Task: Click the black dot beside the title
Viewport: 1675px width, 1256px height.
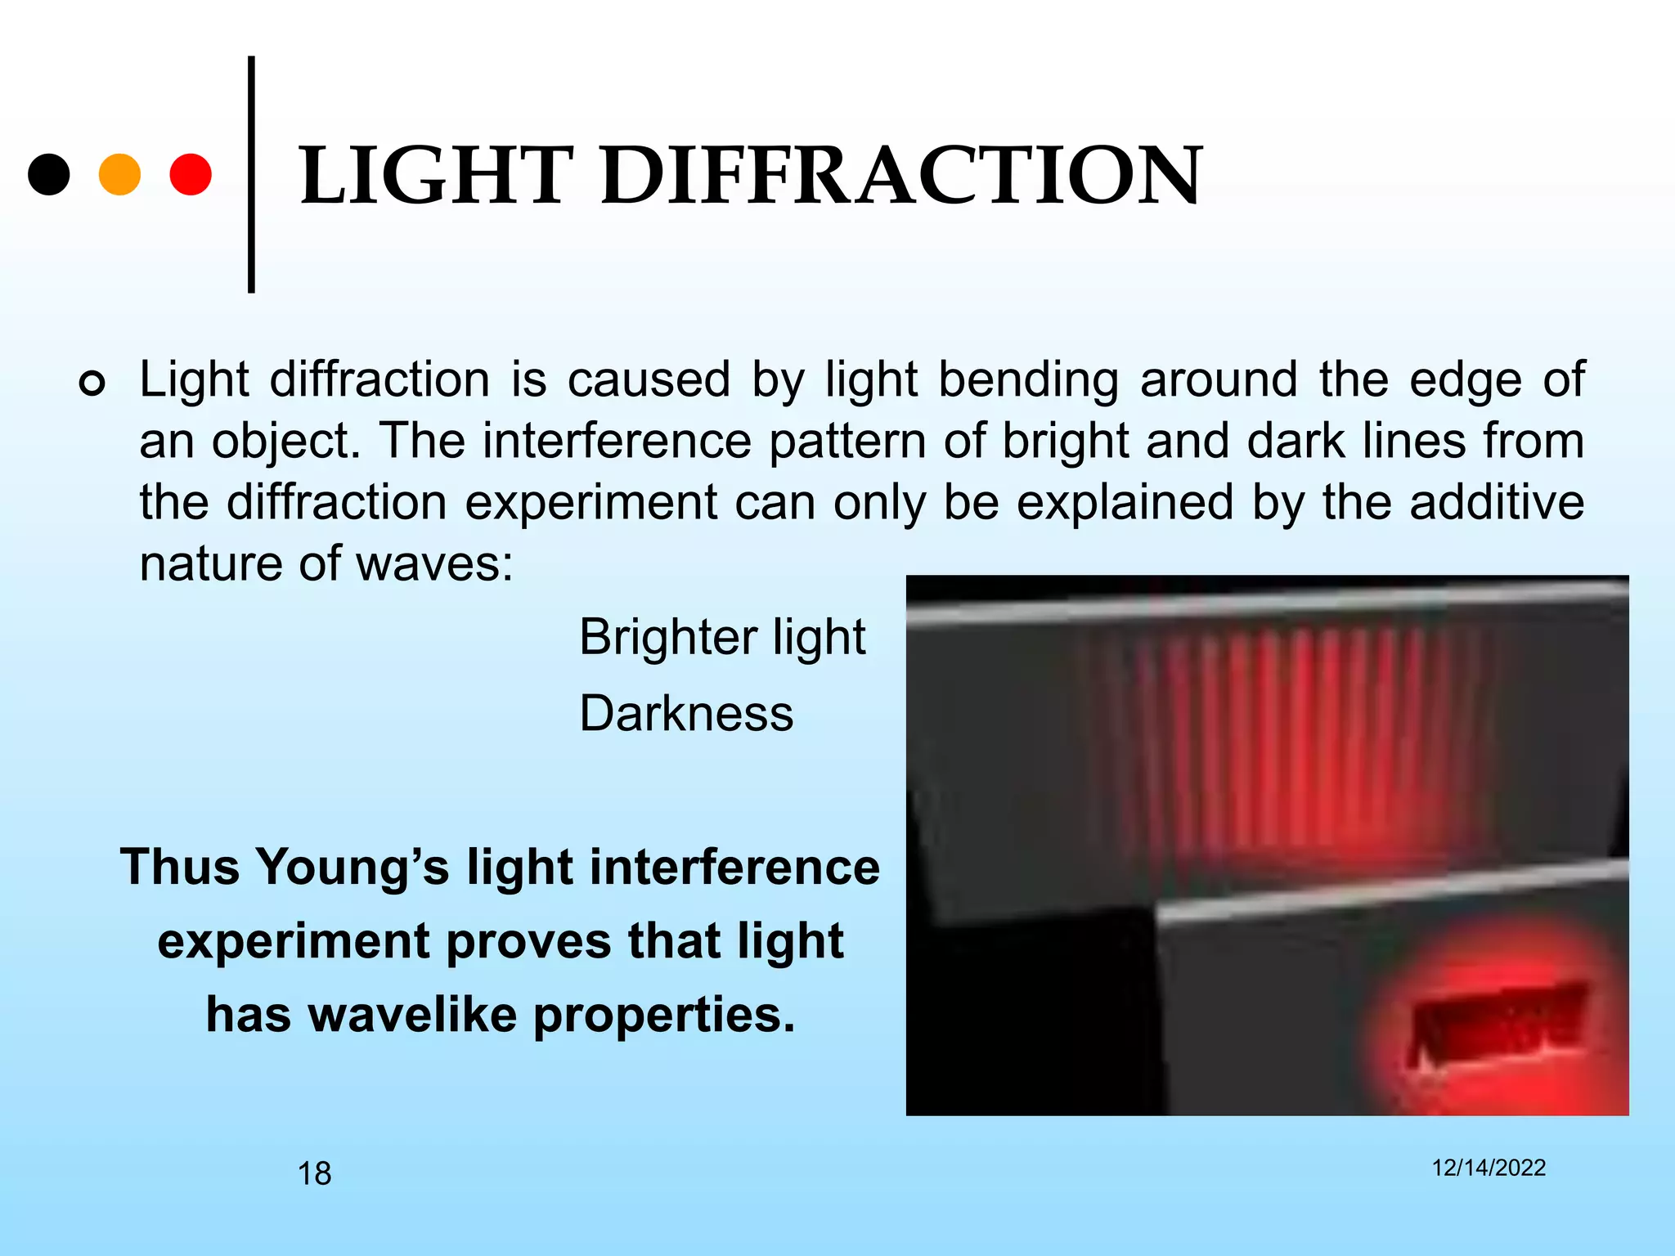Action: pos(49,174)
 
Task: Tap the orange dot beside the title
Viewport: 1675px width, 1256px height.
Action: pos(119,174)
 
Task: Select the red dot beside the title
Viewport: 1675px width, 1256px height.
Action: pos(191,174)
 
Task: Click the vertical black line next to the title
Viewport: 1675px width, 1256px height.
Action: pos(251,174)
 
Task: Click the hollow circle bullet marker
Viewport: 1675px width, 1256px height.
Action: pos(92,383)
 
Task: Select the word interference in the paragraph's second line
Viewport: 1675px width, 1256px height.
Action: pos(617,442)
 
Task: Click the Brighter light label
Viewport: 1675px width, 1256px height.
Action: pos(722,637)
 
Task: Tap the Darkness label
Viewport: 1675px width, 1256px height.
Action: pos(686,714)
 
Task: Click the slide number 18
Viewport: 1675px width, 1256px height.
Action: pos(314,1173)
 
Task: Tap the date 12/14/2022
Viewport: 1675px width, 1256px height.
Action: pos(1489,1168)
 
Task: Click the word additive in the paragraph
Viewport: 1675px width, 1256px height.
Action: pos(1497,502)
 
